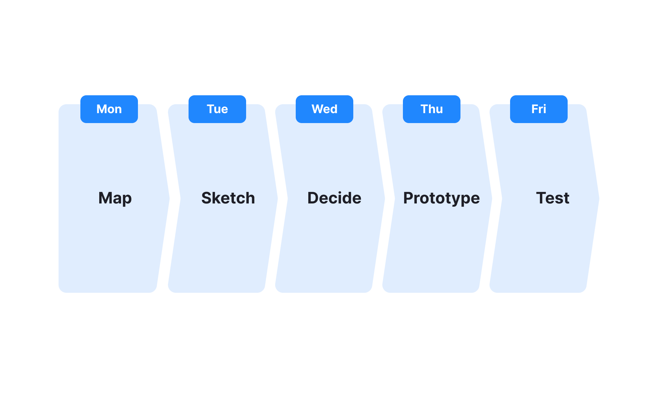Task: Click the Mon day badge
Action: point(109,109)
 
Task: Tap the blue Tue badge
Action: point(217,109)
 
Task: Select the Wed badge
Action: point(325,109)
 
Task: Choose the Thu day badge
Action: point(432,109)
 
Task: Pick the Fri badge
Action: point(539,109)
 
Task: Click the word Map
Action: point(115,198)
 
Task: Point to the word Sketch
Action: point(228,198)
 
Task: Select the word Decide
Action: point(334,198)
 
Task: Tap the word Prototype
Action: point(441,198)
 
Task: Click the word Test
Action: point(553,198)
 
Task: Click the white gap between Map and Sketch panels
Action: point(174,199)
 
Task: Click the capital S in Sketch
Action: point(207,198)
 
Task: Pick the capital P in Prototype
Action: point(409,198)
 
